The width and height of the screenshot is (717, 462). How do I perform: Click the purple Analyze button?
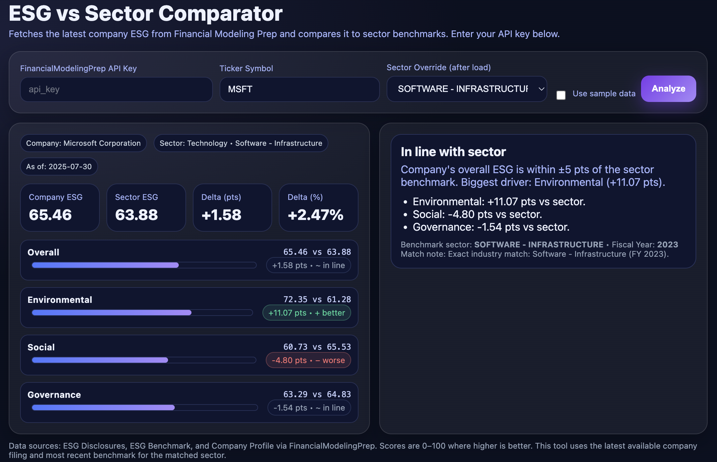point(668,89)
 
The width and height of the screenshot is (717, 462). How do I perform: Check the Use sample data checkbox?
point(561,95)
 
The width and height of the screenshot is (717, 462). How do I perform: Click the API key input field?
point(116,89)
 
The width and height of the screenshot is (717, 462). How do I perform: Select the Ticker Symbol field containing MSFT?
point(299,89)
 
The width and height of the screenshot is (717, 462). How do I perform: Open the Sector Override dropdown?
point(467,89)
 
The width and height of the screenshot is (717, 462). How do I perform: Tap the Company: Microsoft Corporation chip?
point(83,143)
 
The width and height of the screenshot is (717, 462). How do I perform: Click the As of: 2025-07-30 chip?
point(59,166)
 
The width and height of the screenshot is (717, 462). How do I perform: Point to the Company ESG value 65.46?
point(50,215)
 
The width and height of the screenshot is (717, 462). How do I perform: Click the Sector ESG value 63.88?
point(136,215)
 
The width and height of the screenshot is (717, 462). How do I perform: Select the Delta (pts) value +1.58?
point(221,215)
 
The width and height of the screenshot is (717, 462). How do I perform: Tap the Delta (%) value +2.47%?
point(315,215)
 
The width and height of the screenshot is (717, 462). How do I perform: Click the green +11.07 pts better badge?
point(307,313)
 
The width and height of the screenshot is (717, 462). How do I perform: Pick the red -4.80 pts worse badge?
point(308,360)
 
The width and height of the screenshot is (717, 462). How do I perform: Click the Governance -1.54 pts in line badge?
point(309,408)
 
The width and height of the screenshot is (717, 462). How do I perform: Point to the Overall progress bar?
point(144,265)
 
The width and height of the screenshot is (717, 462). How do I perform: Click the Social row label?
point(41,347)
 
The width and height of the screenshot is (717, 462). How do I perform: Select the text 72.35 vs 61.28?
point(317,300)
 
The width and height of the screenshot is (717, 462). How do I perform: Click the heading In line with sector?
point(453,152)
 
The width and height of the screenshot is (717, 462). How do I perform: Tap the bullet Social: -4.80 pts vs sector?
point(477,214)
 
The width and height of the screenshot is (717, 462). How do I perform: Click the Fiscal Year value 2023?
point(667,245)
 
